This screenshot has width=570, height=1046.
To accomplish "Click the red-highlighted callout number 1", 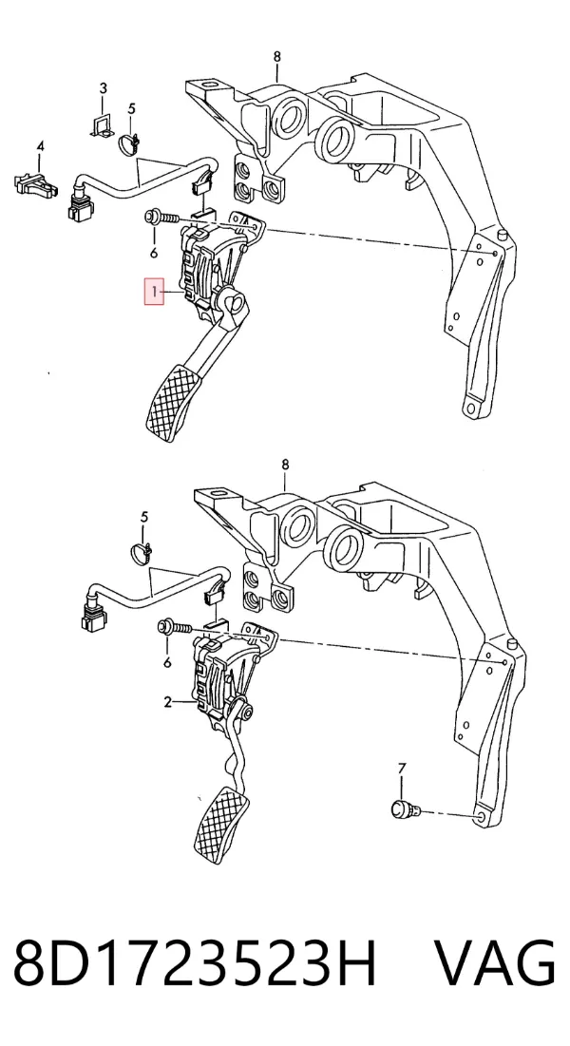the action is [154, 293].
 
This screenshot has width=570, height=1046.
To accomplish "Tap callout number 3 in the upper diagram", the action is [104, 88].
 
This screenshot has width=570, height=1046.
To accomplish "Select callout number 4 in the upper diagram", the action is [40, 146].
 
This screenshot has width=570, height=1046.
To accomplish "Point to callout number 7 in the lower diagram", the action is [402, 770].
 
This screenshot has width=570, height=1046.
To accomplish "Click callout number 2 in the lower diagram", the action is [167, 702].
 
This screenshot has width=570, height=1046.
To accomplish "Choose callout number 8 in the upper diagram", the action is [277, 57].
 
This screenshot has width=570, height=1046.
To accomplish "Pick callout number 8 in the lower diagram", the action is [286, 465].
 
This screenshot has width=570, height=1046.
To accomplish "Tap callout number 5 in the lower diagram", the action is [144, 517].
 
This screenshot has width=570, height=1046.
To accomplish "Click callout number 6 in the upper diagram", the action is [154, 252].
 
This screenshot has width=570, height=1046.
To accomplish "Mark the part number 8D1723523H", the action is [196, 964].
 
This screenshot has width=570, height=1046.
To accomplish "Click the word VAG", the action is [495, 964].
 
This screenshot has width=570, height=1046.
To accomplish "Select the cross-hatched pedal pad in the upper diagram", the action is [174, 402].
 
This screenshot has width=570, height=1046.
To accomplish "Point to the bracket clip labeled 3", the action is [103, 125].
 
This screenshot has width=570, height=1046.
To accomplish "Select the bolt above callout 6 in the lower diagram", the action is [174, 627].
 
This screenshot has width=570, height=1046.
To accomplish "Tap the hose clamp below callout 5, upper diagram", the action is [131, 143].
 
